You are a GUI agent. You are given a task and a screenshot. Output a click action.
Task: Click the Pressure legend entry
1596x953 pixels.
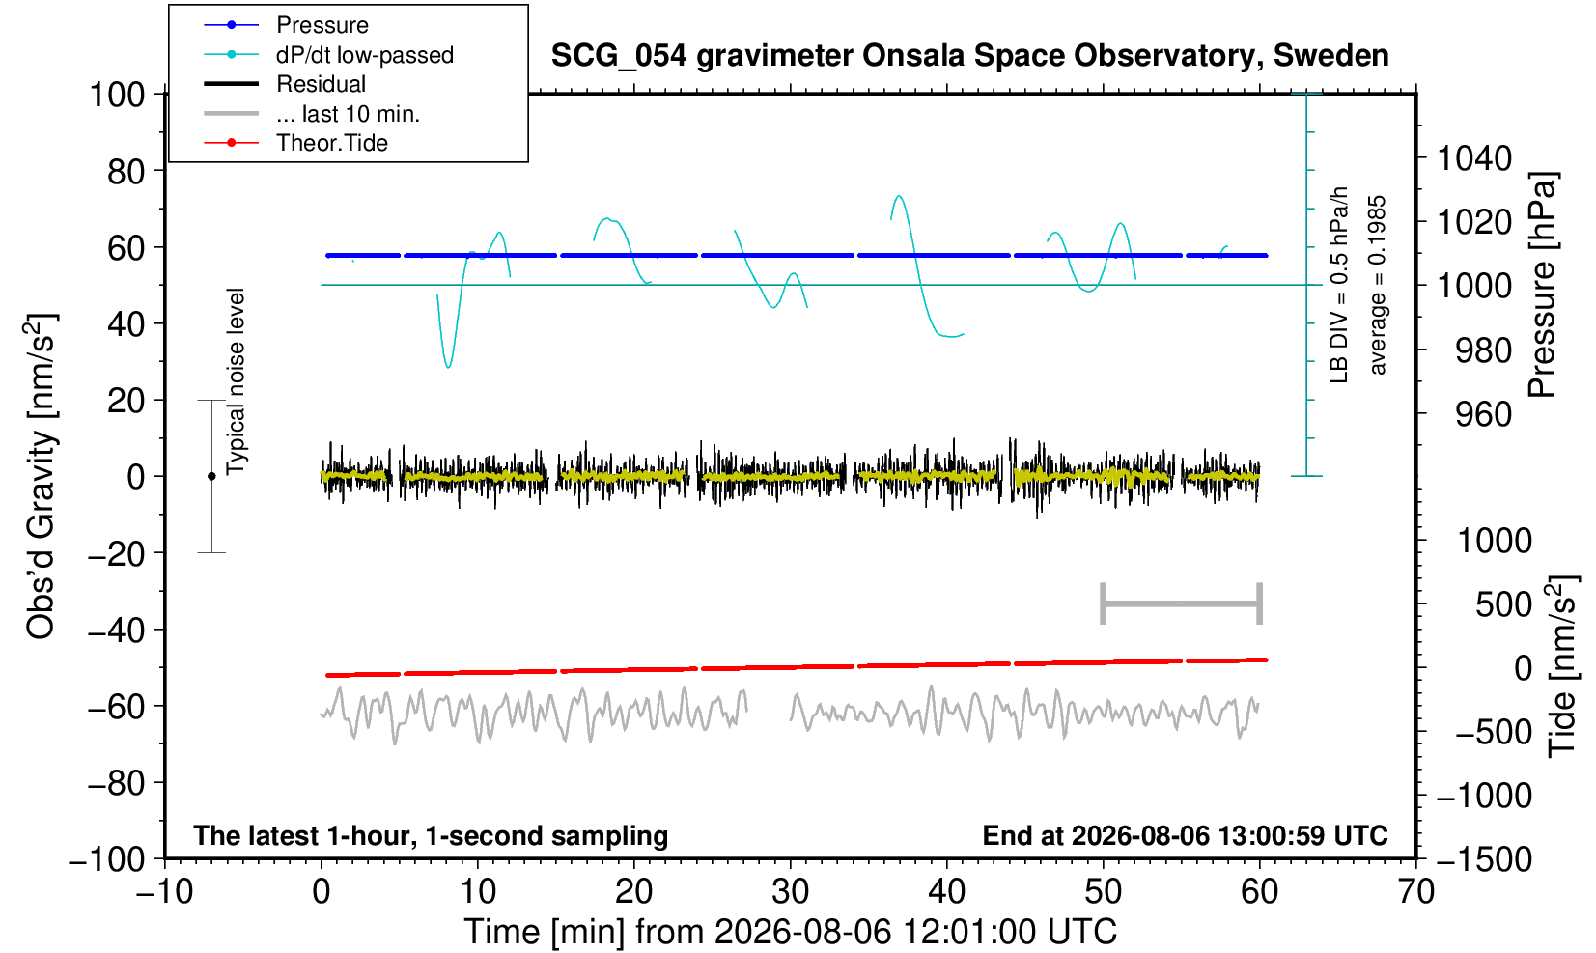click(x=322, y=25)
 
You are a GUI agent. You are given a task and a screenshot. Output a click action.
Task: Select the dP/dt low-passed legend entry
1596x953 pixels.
click(x=365, y=55)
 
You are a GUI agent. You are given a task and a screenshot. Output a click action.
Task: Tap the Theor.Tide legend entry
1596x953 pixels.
click(x=332, y=143)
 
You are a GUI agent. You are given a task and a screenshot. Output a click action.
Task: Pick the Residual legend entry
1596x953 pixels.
click(x=321, y=84)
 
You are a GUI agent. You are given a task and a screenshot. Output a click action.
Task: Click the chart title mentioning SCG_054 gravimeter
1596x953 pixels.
click(x=969, y=56)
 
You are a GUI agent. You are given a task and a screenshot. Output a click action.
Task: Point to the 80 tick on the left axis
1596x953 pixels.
click(x=126, y=172)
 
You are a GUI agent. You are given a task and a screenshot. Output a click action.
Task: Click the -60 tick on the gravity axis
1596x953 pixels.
click(x=116, y=707)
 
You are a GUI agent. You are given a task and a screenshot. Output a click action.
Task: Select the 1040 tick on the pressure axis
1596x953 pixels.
click(x=1474, y=158)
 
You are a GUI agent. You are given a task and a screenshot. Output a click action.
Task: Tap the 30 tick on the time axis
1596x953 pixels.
click(x=790, y=892)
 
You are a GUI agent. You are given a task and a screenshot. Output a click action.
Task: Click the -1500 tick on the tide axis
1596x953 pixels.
click(x=1484, y=859)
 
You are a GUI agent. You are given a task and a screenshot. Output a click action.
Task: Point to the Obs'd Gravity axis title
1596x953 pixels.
click(x=40, y=476)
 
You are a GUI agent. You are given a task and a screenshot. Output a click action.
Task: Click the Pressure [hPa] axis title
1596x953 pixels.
click(x=1543, y=285)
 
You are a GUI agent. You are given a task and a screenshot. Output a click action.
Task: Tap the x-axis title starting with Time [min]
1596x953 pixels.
click(x=790, y=932)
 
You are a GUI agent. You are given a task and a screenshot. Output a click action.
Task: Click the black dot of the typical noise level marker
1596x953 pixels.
click(x=211, y=476)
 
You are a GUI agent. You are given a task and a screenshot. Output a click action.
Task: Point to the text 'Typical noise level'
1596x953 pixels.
click(x=236, y=381)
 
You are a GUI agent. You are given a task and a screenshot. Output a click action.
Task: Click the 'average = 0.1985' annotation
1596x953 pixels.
click(x=1377, y=285)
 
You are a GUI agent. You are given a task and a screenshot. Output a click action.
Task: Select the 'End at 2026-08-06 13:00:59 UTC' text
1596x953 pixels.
click(x=1185, y=835)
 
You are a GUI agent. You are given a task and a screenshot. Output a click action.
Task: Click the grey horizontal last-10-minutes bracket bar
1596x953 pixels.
click(x=1182, y=603)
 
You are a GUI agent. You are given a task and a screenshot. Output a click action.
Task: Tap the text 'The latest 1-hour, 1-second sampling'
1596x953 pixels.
click(x=431, y=835)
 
